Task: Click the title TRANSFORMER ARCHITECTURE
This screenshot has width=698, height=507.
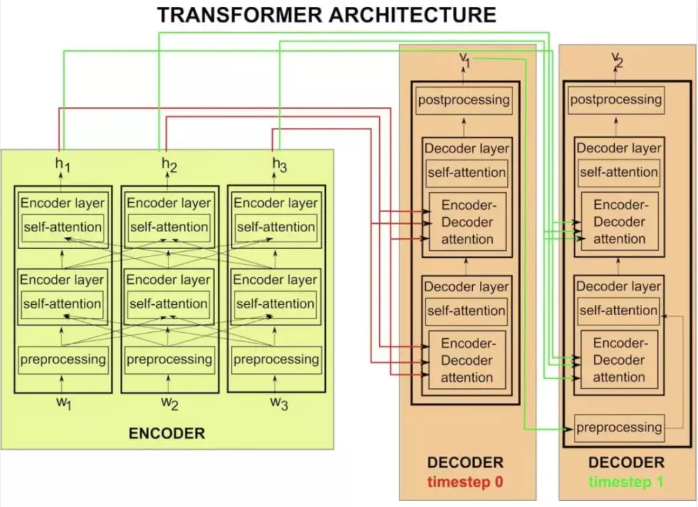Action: (x=327, y=15)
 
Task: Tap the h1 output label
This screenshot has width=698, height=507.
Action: (x=63, y=164)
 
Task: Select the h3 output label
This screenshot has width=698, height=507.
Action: (x=279, y=164)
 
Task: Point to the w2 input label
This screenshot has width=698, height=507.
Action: (x=170, y=403)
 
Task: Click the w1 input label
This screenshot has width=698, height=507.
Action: (x=63, y=403)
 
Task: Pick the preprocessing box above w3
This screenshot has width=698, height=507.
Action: (x=276, y=359)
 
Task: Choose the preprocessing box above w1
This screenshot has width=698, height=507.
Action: (x=63, y=359)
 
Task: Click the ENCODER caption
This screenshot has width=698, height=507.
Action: (x=167, y=434)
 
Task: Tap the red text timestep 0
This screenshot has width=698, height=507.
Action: (x=465, y=482)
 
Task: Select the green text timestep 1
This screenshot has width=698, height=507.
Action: (x=626, y=482)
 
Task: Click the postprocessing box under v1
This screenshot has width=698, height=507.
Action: (x=464, y=100)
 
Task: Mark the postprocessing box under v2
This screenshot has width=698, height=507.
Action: (x=616, y=100)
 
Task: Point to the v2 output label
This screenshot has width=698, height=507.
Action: (x=617, y=59)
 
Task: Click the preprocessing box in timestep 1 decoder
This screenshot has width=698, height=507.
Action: (x=619, y=428)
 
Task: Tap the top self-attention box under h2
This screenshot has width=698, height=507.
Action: (x=169, y=227)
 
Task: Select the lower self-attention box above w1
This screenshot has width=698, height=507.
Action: (x=63, y=304)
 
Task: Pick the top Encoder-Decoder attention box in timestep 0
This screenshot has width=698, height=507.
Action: (x=467, y=222)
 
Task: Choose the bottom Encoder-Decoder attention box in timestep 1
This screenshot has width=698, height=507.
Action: (x=619, y=360)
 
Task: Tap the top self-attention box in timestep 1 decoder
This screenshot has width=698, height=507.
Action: (x=619, y=172)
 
